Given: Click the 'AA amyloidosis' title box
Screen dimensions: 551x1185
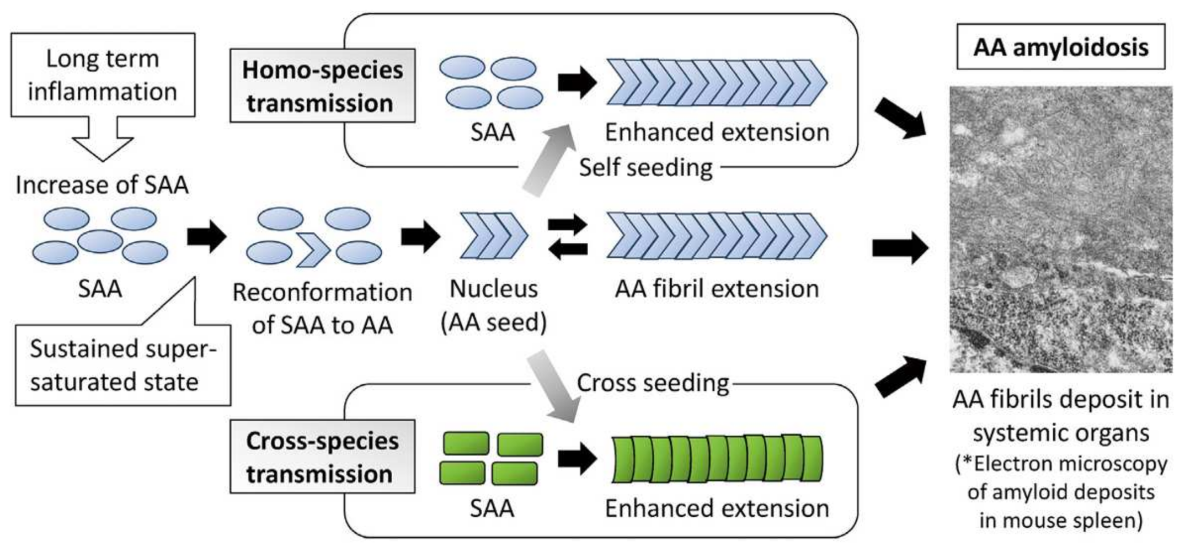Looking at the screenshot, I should click(1060, 47).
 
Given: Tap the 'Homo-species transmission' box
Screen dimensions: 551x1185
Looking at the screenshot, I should click(322, 86).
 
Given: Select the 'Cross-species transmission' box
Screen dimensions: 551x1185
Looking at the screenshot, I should click(322, 457).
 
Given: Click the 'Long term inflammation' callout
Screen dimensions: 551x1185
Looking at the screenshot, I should click(103, 75).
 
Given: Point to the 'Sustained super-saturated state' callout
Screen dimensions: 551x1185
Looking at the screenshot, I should click(122, 365).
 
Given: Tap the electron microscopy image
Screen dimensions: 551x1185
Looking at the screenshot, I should click(1060, 229).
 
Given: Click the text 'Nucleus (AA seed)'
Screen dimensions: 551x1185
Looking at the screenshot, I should click(494, 305).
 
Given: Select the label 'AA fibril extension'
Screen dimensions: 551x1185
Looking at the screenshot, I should click(717, 289).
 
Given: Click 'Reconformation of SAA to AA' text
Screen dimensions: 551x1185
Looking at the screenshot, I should click(322, 308).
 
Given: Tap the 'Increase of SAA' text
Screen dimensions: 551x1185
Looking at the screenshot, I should click(102, 185).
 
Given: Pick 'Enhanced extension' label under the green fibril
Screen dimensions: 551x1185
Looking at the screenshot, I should click(717, 508).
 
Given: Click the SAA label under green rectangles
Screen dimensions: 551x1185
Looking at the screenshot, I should click(492, 508).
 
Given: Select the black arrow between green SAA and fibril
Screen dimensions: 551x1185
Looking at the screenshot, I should click(577, 459).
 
